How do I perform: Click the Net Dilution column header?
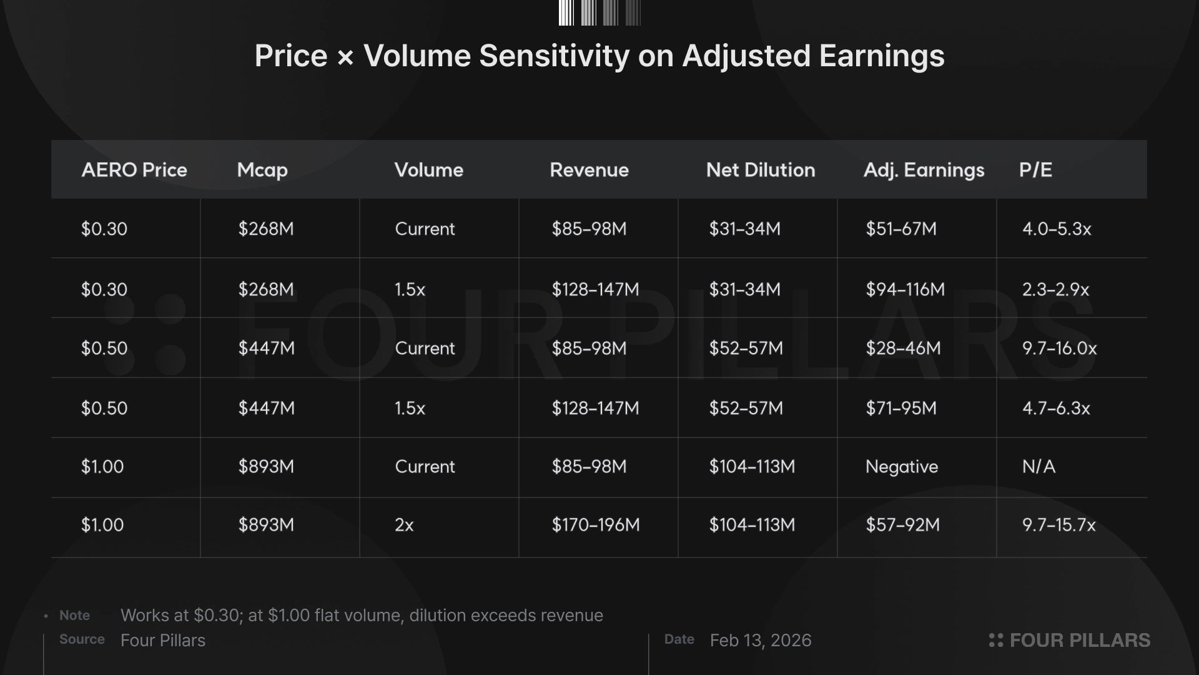(x=760, y=170)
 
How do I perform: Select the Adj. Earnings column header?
(x=924, y=170)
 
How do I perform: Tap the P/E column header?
(x=1035, y=170)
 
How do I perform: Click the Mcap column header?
(x=262, y=170)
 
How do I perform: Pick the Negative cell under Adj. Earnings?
(x=901, y=467)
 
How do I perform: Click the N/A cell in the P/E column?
(x=1039, y=467)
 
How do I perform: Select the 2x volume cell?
(x=404, y=525)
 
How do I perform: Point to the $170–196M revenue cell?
(x=595, y=525)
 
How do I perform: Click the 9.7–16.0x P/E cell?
(x=1059, y=348)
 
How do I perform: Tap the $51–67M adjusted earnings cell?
(x=900, y=229)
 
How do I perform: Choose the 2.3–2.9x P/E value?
(x=1055, y=289)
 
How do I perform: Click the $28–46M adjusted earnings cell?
(x=902, y=348)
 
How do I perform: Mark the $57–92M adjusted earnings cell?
(x=902, y=525)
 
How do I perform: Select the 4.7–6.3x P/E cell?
(x=1056, y=408)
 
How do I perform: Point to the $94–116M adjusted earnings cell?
(x=905, y=289)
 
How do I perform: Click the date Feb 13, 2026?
(x=760, y=641)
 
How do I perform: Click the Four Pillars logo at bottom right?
(x=1069, y=641)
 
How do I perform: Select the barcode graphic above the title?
(x=599, y=12)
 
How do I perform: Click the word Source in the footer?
(x=82, y=639)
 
